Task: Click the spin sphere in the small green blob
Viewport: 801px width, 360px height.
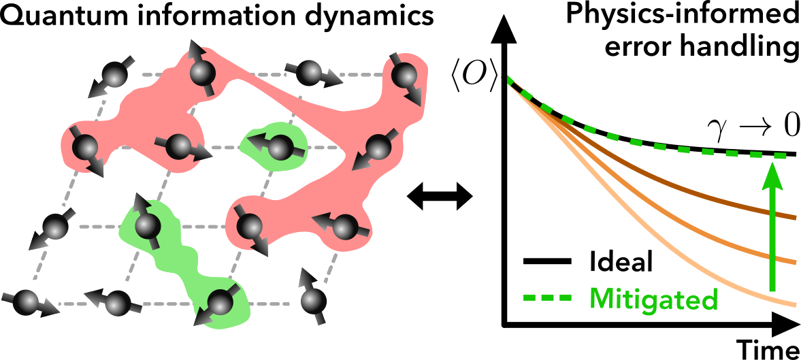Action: pos(278,145)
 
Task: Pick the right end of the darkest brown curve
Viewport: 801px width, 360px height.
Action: pos(794,218)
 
